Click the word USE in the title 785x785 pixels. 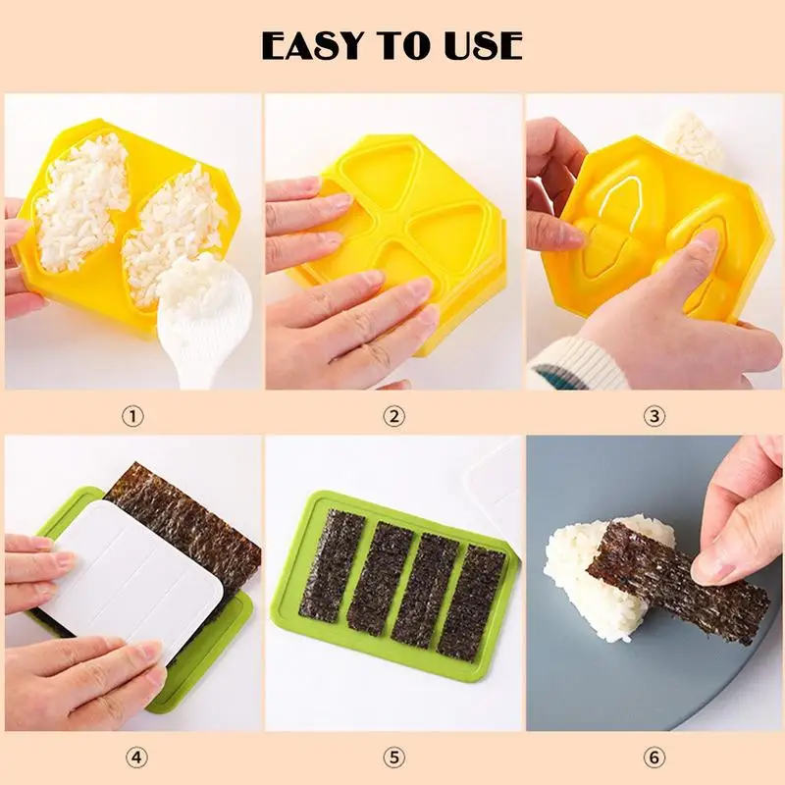[x=480, y=46]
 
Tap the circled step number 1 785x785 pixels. [x=132, y=416]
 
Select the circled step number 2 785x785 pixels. [x=393, y=416]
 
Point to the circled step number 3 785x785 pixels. [x=654, y=416]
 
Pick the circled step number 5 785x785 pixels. [x=393, y=758]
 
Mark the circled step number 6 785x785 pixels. [x=654, y=758]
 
